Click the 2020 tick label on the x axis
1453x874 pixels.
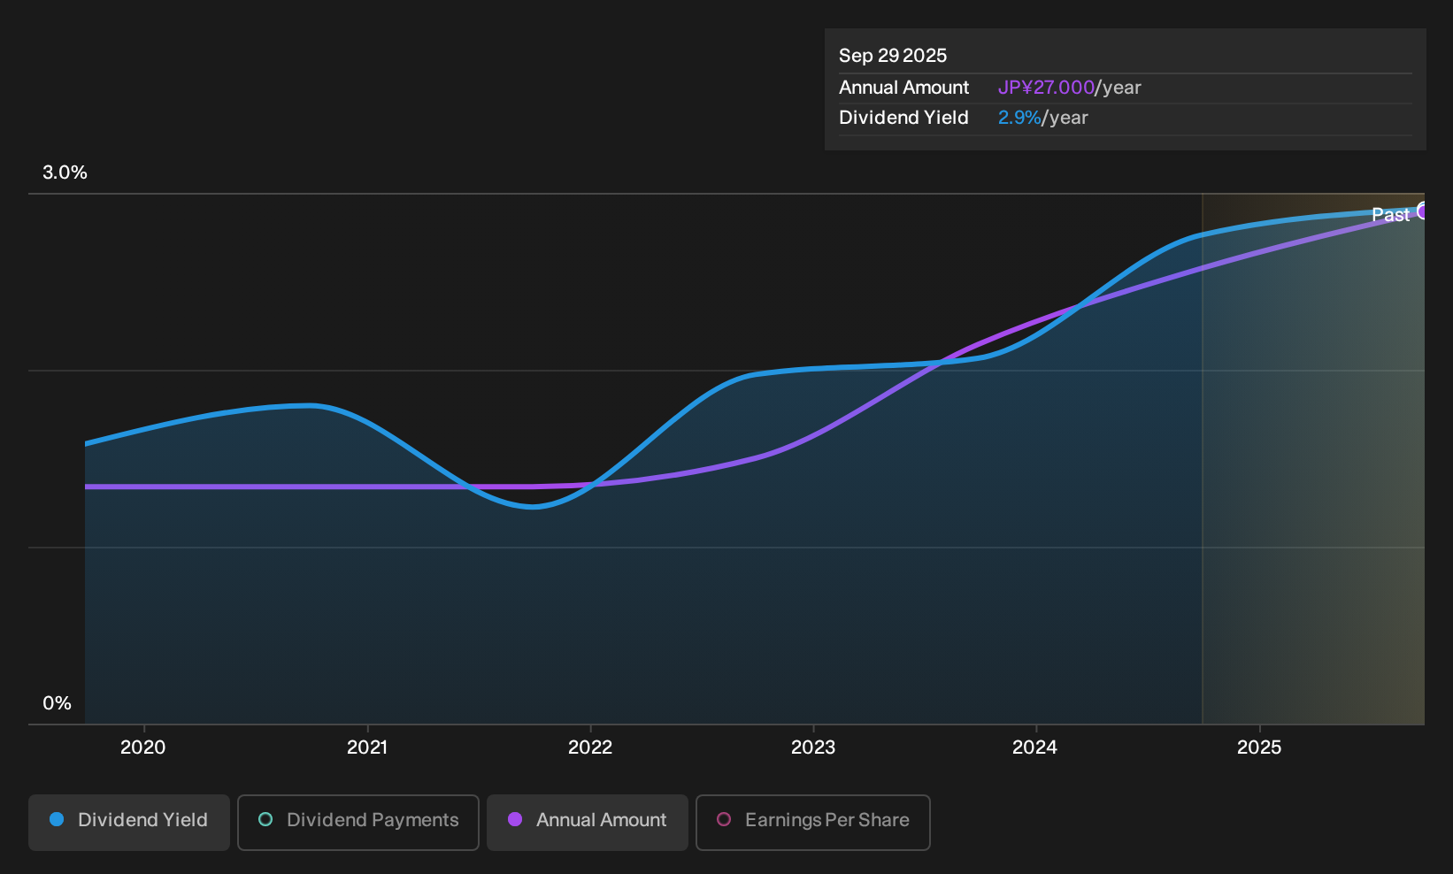(x=142, y=747)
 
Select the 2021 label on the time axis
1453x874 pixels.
(x=367, y=747)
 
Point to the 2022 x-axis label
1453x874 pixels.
(x=590, y=747)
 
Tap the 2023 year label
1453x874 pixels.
(x=813, y=747)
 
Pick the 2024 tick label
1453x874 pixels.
(x=1035, y=747)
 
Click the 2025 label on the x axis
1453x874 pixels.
(x=1259, y=747)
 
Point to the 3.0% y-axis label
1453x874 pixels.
(x=65, y=172)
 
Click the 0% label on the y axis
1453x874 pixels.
(x=58, y=703)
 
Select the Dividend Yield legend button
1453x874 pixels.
(x=129, y=822)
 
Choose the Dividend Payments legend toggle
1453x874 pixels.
(x=358, y=822)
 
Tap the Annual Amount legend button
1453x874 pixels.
(x=587, y=822)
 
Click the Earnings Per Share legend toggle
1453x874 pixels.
(x=812, y=822)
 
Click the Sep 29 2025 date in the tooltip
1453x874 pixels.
(x=893, y=56)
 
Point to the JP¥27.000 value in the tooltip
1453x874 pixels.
(x=1046, y=88)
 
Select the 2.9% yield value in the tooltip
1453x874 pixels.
(x=1019, y=118)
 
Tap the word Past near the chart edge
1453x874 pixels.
(x=1391, y=215)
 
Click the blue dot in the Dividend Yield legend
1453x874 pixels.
(x=58, y=819)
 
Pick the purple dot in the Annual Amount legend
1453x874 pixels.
(x=515, y=819)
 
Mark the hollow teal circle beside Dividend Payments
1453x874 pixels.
(x=265, y=819)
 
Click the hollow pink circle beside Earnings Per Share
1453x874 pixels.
(x=724, y=819)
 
